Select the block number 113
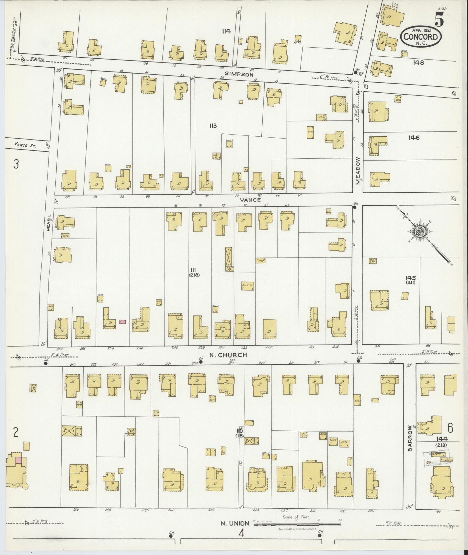pos(212,125)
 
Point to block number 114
pos(226,31)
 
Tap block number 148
pos(418,62)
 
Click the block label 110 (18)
pos(240,433)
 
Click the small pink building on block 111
pos(122,322)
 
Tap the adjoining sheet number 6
pos(450,428)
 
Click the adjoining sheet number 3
pos(16,164)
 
